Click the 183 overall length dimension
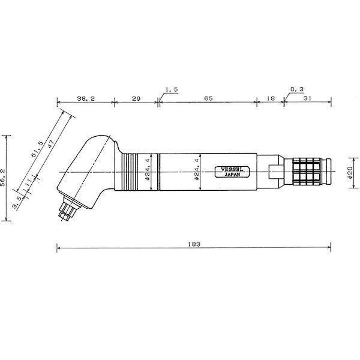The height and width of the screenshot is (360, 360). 193,244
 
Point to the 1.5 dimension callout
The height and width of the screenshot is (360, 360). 170,89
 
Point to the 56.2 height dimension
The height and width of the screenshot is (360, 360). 5,178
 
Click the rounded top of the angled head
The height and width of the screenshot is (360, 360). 99,142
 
